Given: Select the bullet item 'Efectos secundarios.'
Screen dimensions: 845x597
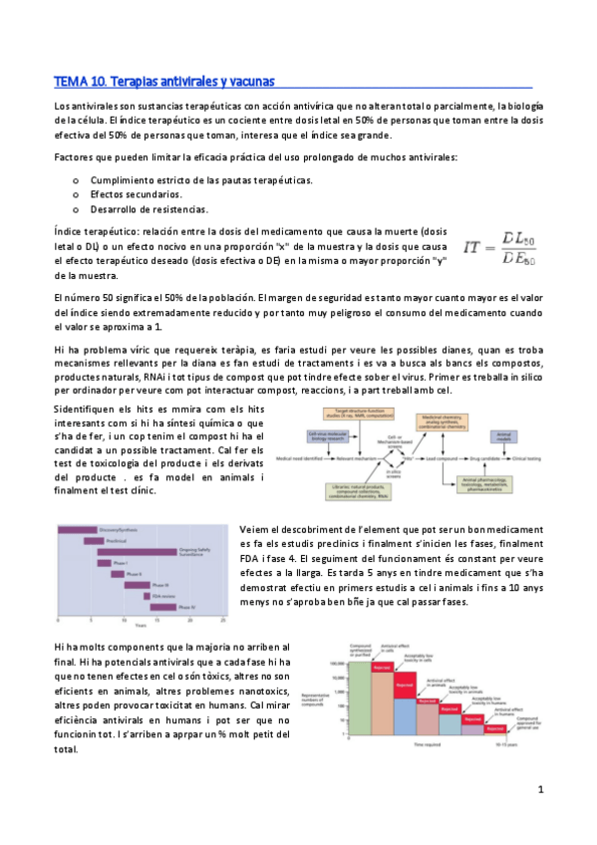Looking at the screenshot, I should [x=136, y=194].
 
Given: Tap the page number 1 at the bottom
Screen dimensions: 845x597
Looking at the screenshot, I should [x=539, y=789].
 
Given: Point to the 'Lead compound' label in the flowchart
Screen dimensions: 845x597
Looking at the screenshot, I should [x=439, y=458].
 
